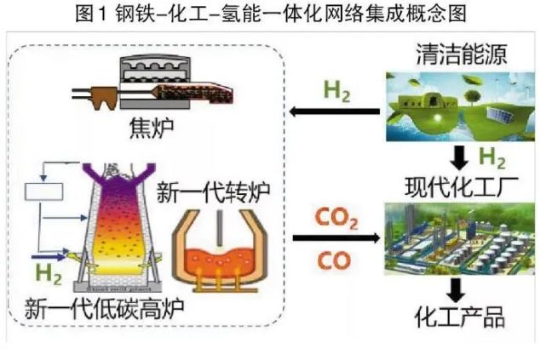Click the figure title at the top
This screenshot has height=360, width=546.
[273, 14]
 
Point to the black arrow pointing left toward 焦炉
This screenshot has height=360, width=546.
[333, 111]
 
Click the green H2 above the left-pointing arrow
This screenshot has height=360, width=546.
[335, 91]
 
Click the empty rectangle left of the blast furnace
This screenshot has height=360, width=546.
[43, 191]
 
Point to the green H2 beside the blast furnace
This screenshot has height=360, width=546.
[49, 272]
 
